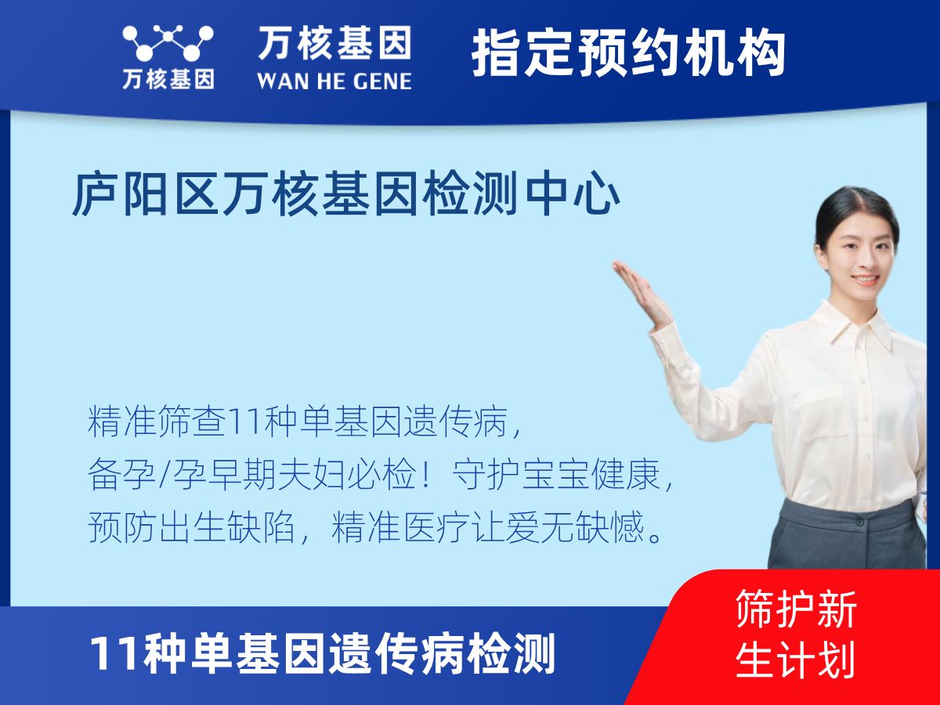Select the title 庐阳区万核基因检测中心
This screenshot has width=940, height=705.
[345, 195]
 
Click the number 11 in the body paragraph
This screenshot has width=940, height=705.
[238, 423]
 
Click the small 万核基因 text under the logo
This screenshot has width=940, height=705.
[168, 79]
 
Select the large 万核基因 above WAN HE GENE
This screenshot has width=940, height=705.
[334, 43]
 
